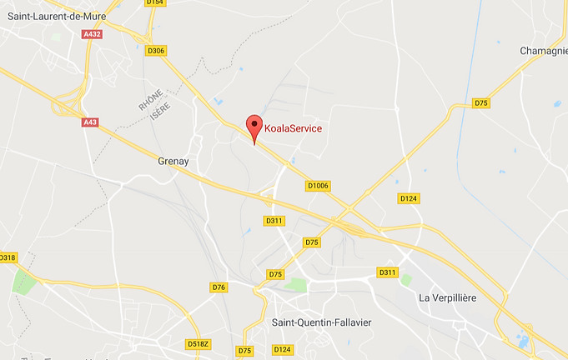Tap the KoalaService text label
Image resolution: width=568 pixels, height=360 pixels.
[293, 128]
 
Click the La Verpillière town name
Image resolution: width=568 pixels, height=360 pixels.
[450, 297]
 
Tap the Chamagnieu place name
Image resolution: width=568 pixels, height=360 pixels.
[544, 51]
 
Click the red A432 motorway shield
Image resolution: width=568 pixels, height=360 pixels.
[93, 35]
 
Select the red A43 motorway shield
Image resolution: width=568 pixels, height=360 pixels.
[90, 122]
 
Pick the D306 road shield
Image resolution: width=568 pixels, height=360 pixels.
[156, 51]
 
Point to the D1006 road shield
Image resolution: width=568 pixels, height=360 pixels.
[319, 186]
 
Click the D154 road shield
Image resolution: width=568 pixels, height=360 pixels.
[154, 3]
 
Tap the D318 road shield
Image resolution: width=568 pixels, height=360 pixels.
[8, 257]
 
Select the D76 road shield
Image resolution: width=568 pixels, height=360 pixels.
[219, 287]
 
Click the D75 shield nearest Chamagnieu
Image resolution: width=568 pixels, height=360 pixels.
[480, 102]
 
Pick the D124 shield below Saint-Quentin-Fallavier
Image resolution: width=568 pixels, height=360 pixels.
[283, 349]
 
